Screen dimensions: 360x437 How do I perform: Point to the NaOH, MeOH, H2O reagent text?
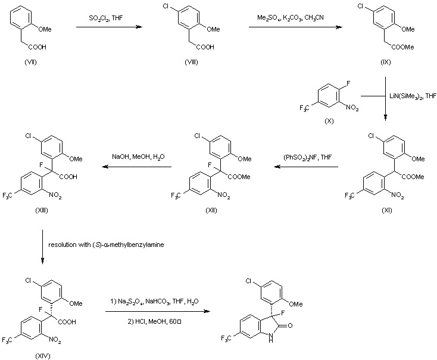click(x=136, y=156)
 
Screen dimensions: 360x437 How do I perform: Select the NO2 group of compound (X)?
click(x=352, y=107)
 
